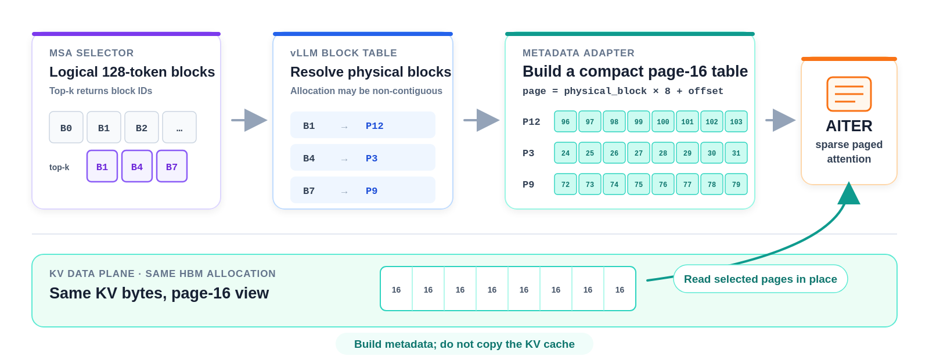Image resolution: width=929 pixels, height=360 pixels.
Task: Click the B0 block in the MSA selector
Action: pyautogui.click(x=66, y=127)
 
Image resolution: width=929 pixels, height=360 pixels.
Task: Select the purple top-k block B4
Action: pyautogui.click(x=137, y=166)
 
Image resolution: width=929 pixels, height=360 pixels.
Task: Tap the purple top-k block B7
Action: pyautogui.click(x=172, y=166)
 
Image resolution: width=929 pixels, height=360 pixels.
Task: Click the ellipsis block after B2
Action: pyautogui.click(x=179, y=127)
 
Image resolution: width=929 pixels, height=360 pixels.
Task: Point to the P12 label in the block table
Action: pyautogui.click(x=375, y=125)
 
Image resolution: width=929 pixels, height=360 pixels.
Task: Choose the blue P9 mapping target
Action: pyautogui.click(x=372, y=191)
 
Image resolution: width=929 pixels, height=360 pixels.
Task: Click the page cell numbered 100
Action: pyautogui.click(x=662, y=121)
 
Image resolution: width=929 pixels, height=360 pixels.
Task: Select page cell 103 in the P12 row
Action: pyautogui.click(x=736, y=121)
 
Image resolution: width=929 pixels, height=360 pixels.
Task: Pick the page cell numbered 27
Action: pyautogui.click(x=639, y=153)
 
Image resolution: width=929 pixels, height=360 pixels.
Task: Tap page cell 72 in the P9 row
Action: pyautogui.click(x=566, y=184)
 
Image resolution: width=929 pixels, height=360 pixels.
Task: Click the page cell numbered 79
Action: pyautogui.click(x=736, y=184)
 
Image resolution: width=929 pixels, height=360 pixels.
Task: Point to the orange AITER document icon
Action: pyautogui.click(x=849, y=94)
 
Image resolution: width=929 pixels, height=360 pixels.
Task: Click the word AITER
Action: pyautogui.click(x=849, y=125)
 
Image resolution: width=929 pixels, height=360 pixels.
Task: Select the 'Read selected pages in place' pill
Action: pyautogui.click(x=760, y=279)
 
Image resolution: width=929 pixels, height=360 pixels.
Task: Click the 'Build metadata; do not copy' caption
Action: pyautogui.click(x=464, y=344)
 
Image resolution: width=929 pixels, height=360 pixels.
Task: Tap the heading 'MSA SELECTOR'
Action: pyautogui.click(x=91, y=53)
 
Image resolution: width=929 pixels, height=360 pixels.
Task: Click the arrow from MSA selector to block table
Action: pyautogui.click(x=249, y=120)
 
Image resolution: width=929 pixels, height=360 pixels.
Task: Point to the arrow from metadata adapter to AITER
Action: pyautogui.click(x=780, y=120)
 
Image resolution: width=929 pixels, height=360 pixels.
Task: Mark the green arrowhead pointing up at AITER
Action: pyautogui.click(x=849, y=193)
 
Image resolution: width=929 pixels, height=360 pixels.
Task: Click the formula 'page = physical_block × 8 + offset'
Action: pyautogui.click(x=622, y=91)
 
